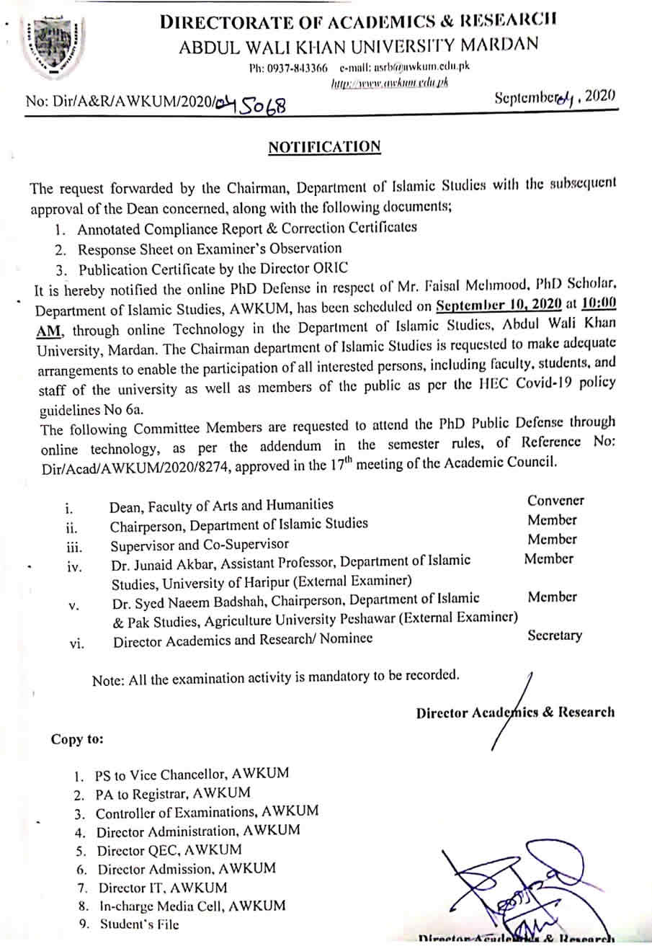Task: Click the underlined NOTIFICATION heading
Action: pyautogui.click(x=323, y=147)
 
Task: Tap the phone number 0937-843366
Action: pyautogui.click(x=298, y=69)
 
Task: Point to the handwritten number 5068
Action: pyautogui.click(x=263, y=107)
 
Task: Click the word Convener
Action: pyautogui.click(x=555, y=500)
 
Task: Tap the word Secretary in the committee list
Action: pyautogui.click(x=554, y=635)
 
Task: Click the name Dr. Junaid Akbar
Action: pyautogui.click(x=160, y=561)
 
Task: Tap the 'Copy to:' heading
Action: pyautogui.click(x=76, y=738)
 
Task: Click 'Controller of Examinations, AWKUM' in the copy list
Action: pyautogui.click(x=207, y=812)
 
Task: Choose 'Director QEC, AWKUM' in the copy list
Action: pyautogui.click(x=169, y=849)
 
